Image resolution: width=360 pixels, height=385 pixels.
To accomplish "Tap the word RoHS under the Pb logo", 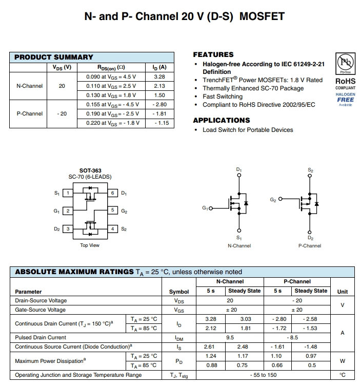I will [x=345, y=81].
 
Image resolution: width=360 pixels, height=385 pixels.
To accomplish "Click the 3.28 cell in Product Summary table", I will [x=159, y=76].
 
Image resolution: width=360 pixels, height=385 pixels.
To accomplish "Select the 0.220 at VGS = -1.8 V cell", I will [x=112, y=123].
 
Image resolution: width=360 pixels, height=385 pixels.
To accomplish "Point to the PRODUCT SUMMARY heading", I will [x=53, y=57].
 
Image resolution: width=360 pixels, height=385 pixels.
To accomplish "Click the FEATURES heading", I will [x=213, y=54].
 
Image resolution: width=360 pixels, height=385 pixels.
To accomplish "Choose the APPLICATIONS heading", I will [x=221, y=120].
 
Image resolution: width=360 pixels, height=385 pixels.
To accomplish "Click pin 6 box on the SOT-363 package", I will [x=113, y=193].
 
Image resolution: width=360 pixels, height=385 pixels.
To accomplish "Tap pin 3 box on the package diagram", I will [x=67, y=229].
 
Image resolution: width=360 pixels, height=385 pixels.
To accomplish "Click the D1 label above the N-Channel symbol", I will [x=239, y=169].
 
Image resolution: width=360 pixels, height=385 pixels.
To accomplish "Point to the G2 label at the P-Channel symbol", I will [x=273, y=199].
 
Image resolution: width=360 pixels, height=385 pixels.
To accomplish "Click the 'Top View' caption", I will [x=90, y=245].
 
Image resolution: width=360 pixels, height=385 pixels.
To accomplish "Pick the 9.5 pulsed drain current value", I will [x=230, y=337].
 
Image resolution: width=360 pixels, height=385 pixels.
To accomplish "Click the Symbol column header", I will [x=179, y=292].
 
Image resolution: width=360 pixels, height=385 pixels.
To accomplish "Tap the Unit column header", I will [x=342, y=292].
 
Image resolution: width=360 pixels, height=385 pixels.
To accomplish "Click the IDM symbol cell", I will [x=179, y=338].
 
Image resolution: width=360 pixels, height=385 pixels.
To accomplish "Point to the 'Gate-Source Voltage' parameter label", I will [x=41, y=310].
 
